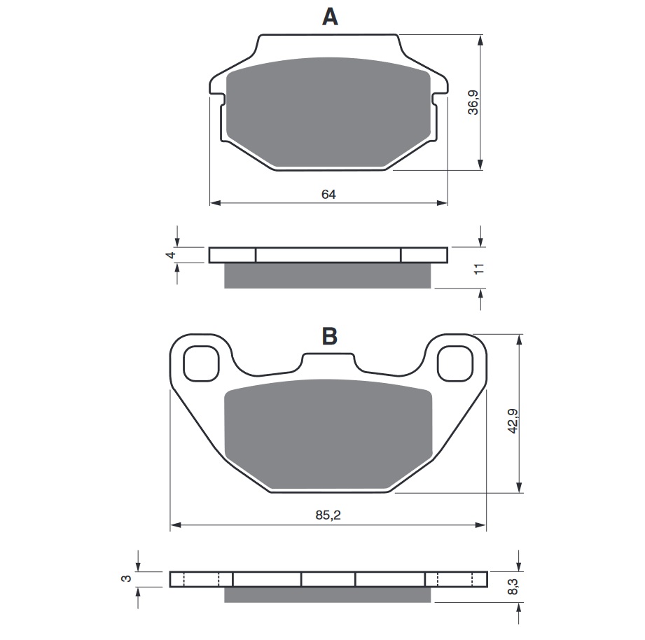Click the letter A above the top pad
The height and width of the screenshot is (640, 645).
click(329, 18)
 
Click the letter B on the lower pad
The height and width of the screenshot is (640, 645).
click(329, 337)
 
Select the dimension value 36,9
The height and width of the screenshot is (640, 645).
click(474, 102)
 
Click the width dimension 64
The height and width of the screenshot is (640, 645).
click(328, 195)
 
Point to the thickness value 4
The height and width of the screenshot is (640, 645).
click(169, 255)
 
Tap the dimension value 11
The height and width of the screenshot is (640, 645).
click(479, 270)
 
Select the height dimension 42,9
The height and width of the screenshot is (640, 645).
click(513, 420)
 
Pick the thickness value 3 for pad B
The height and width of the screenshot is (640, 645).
click(127, 578)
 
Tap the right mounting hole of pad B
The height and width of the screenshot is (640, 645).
click(455, 363)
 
